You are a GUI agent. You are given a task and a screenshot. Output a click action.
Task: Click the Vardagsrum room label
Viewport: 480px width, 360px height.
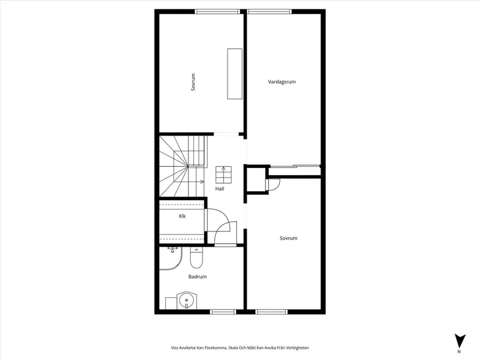point(282,82)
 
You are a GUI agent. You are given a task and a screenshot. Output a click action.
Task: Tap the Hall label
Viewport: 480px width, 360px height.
point(219,189)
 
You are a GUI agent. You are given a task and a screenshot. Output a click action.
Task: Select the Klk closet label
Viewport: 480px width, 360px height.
point(182,216)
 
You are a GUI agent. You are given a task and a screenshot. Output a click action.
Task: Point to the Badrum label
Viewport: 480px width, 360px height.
point(197,277)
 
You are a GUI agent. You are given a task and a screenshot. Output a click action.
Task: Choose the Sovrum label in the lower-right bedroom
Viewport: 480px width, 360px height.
point(288,238)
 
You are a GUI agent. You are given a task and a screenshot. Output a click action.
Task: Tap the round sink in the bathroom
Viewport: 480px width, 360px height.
point(186,301)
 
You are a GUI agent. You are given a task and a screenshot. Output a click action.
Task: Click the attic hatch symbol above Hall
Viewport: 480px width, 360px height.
point(223,174)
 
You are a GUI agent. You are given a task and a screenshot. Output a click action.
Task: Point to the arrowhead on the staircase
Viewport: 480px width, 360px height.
point(202,182)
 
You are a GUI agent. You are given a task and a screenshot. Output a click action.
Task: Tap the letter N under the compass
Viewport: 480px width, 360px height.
point(459,352)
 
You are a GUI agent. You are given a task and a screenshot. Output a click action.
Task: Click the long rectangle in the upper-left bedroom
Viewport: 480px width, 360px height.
point(234,74)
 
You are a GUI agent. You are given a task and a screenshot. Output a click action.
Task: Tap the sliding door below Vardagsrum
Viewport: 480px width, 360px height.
point(294,166)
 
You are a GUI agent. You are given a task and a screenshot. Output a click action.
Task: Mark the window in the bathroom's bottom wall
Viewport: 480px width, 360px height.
point(222,312)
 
